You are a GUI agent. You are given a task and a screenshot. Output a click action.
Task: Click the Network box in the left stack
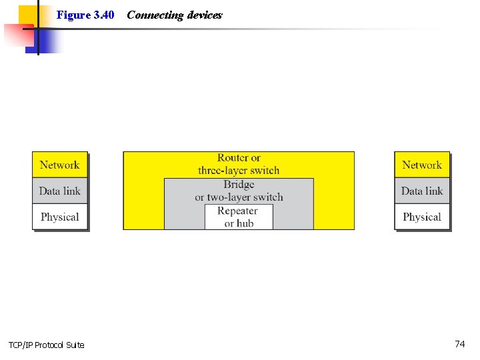click(59, 165)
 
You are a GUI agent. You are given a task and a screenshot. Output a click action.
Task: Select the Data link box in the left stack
click(59, 191)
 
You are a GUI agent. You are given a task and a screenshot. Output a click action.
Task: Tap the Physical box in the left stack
click(59, 217)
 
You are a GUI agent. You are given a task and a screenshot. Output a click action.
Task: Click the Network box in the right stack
click(422, 165)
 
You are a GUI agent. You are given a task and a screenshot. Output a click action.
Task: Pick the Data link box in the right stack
click(422, 191)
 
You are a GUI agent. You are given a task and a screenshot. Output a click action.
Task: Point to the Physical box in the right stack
click(422, 217)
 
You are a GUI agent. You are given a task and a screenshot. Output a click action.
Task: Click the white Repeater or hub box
click(239, 217)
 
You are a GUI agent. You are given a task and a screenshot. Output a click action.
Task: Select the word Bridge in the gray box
click(239, 184)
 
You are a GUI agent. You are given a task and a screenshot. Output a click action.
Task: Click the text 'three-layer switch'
click(239, 171)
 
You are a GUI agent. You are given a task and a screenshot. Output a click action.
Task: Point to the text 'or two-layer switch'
click(239, 197)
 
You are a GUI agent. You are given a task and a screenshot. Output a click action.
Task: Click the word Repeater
click(238, 211)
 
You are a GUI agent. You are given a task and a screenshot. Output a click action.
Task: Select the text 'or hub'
click(239, 223)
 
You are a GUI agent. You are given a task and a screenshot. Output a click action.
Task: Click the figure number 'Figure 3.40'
click(85, 15)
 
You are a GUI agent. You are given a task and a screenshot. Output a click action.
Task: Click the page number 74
click(459, 344)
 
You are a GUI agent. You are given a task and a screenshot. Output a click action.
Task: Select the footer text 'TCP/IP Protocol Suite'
click(47, 345)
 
